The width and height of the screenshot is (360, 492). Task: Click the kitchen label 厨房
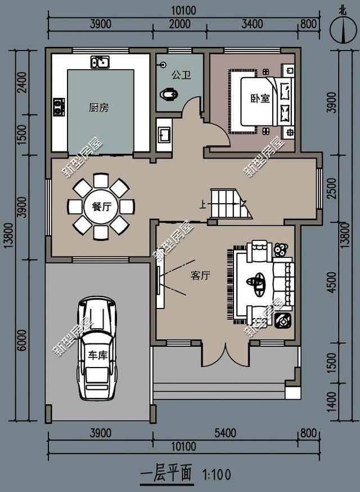pyautogui.click(x=99, y=108)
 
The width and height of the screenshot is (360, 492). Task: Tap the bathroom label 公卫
pyautogui.click(x=181, y=75)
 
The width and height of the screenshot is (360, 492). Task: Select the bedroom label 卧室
pyautogui.click(x=260, y=98)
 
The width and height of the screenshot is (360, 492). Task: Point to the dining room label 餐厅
pyautogui.click(x=101, y=207)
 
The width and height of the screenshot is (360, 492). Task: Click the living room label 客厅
pyautogui.click(x=200, y=276)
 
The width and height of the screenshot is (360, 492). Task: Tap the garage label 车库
pyautogui.click(x=97, y=355)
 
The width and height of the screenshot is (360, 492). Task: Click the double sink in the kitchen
pyautogui.click(x=100, y=62)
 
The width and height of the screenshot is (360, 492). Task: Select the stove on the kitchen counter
pyautogui.click(x=58, y=107)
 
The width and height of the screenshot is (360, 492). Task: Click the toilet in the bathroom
pyautogui.click(x=169, y=94)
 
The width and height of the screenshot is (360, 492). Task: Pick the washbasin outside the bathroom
pyautogui.click(x=164, y=135)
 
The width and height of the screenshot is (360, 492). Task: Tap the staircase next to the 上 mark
pyautogui.click(x=231, y=203)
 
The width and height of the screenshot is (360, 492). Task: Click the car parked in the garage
pyautogui.click(x=97, y=348)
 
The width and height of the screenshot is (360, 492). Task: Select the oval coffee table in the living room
pyautogui.click(x=256, y=283)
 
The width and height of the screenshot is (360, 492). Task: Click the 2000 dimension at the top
pyautogui.click(x=179, y=24)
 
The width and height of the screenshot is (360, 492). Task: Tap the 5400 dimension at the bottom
pyautogui.click(x=225, y=433)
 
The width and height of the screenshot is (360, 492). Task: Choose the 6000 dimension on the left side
pyautogui.click(x=21, y=341)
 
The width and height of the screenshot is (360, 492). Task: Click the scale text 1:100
pyautogui.click(x=217, y=475)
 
